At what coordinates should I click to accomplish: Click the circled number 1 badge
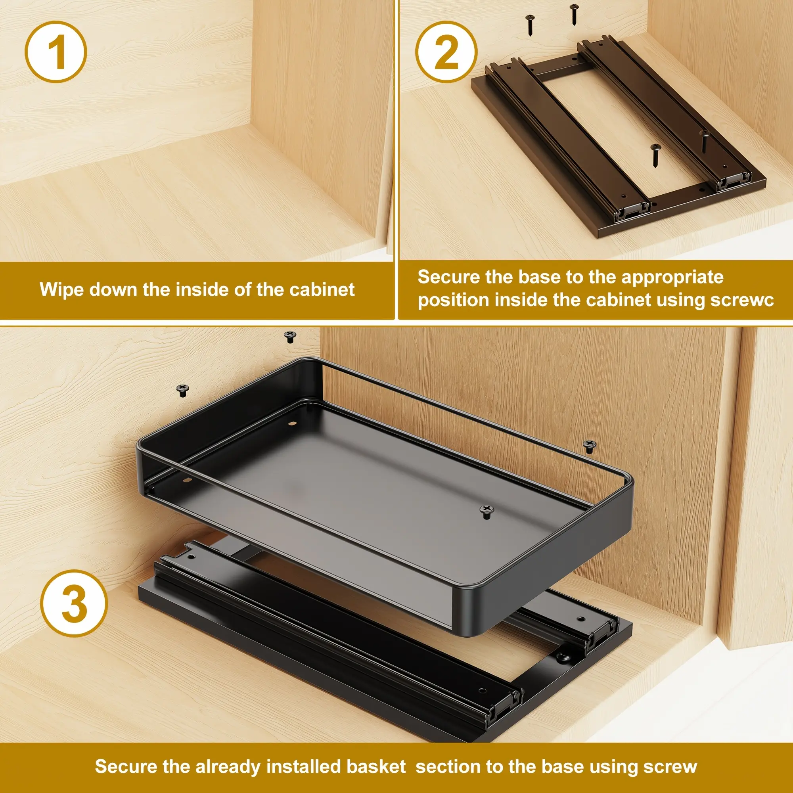click(56, 52)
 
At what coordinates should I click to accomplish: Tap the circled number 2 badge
click(446, 52)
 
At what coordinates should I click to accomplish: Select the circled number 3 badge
click(74, 603)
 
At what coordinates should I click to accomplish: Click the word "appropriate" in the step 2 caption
click(672, 278)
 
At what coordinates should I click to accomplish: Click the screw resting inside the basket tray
click(487, 511)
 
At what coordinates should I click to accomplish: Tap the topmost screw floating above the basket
click(290, 337)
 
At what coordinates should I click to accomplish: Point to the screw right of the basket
click(590, 446)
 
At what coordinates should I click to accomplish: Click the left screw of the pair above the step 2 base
click(529, 25)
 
